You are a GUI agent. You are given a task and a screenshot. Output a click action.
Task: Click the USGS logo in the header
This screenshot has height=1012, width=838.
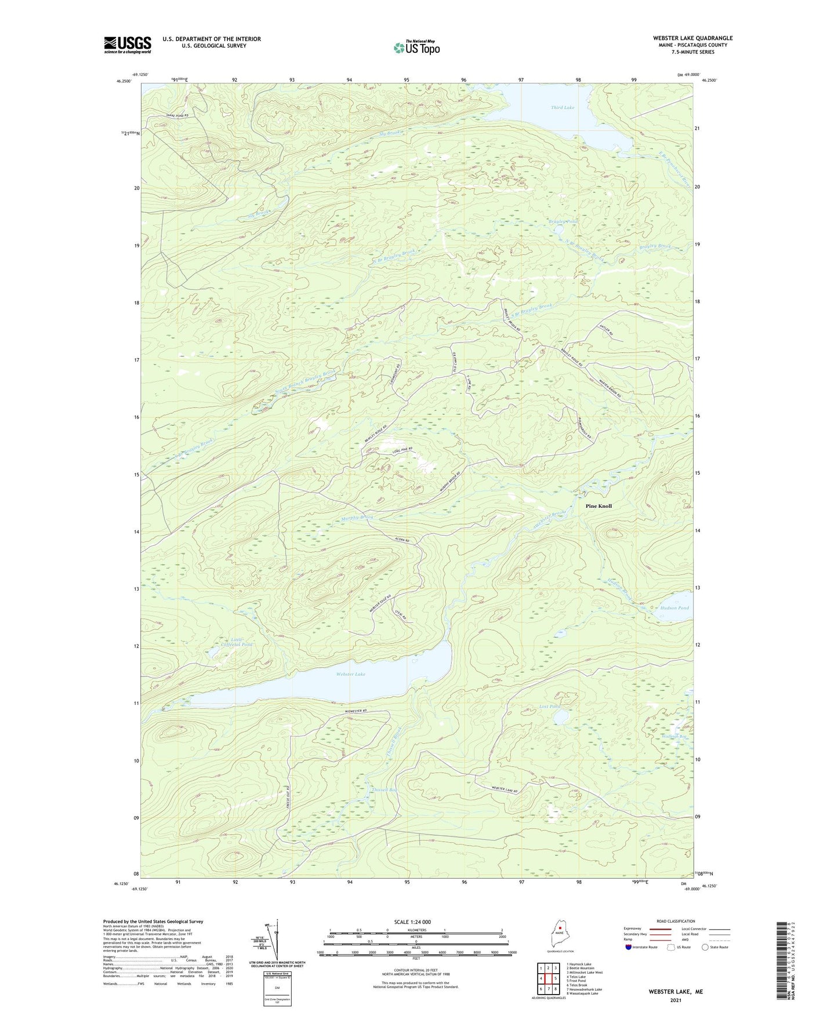[x=127, y=45]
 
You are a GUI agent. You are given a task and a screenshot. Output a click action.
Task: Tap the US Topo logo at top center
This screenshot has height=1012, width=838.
[x=416, y=48]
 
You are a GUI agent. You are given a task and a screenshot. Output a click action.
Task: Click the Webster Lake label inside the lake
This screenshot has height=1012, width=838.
[x=350, y=674]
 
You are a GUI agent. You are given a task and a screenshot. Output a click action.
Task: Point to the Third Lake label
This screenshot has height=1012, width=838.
[x=562, y=108]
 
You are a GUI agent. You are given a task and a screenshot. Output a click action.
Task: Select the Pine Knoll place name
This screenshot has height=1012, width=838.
[x=598, y=506]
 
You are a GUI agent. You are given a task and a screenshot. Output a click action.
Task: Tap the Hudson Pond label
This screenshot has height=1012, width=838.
[x=674, y=608]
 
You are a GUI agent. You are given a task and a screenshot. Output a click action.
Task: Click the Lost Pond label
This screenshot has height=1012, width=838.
[x=550, y=707]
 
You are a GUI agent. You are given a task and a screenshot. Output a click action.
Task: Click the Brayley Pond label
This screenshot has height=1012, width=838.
[x=563, y=222]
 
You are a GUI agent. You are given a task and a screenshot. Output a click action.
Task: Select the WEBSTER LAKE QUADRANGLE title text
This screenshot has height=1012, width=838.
[x=692, y=38]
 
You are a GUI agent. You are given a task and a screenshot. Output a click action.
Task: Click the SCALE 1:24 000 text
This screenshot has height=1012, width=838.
[x=412, y=922]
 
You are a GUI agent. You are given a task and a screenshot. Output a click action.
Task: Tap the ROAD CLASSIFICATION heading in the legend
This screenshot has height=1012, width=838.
[x=676, y=921]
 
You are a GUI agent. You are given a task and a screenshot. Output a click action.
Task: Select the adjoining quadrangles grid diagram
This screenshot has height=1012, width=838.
[x=547, y=977]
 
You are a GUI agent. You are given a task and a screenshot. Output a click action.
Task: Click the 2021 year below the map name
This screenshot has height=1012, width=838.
[x=676, y=1000]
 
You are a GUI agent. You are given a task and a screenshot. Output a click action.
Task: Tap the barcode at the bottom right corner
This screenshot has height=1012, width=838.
[x=781, y=962]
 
